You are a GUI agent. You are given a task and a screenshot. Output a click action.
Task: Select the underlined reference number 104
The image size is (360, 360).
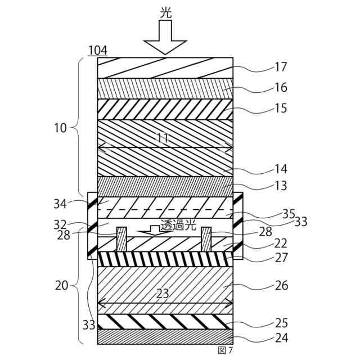tap(97, 51)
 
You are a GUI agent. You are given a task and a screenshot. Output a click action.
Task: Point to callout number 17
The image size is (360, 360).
tap(281, 67)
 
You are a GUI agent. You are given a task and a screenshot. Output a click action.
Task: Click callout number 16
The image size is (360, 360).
tap(281, 88)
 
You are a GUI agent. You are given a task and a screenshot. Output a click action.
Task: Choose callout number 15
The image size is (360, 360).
tap(281, 109)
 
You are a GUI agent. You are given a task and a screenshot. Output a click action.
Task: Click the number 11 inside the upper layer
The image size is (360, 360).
tap(163, 138)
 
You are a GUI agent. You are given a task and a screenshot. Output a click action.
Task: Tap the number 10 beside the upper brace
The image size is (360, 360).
tap(61, 128)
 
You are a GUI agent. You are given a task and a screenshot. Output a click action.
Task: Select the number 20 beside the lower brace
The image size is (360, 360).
tap(61, 285)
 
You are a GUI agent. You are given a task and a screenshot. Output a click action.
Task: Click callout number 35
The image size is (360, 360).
tap(288, 214)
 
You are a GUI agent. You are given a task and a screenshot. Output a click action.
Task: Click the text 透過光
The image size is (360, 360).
tap(178, 225)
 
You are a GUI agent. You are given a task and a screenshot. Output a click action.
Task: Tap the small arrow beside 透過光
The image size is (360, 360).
tap(149, 229)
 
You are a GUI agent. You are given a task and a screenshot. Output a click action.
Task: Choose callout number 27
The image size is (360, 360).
tap(281, 258)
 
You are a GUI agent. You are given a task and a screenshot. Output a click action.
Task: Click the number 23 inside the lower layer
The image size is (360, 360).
tap(163, 294)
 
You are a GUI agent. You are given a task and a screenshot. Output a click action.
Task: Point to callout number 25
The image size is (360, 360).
tap(281, 323)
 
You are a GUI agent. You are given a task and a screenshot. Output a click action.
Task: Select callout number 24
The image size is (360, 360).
tap(281, 339)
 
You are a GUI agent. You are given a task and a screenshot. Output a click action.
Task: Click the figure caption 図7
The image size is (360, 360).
tap(225, 350)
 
